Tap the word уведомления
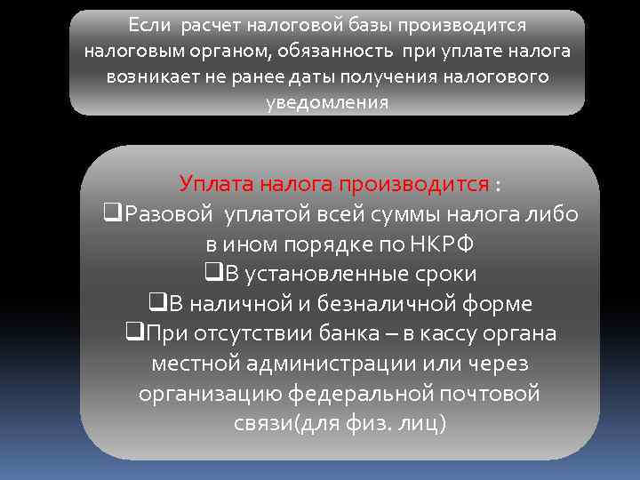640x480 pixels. (327, 102)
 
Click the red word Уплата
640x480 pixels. (216, 184)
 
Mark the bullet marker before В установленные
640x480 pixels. (212, 275)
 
